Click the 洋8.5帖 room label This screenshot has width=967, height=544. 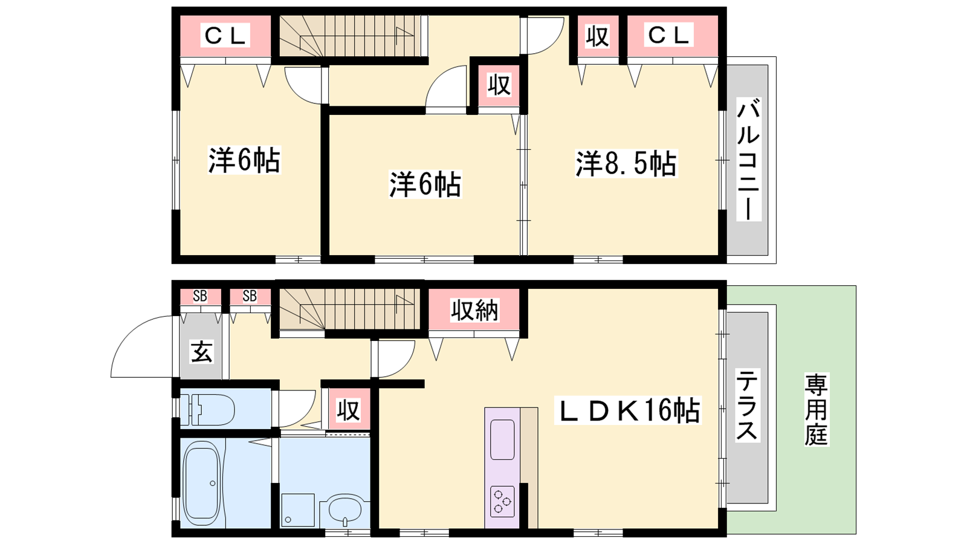[x=626, y=163]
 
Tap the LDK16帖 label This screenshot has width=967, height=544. [x=628, y=410]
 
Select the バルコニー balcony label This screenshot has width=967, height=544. [x=749, y=160]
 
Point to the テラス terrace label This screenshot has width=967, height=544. [x=747, y=404]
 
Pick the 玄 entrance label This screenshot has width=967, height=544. [x=202, y=351]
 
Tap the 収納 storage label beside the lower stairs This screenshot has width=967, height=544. [x=474, y=309]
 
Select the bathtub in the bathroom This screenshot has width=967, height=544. [x=202, y=482]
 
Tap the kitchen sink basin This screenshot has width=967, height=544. [x=502, y=439]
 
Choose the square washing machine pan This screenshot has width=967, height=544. [x=298, y=510]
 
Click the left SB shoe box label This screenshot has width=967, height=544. [x=200, y=296]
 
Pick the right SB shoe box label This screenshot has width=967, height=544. [x=250, y=296]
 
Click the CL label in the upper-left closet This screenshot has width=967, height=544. [x=225, y=36]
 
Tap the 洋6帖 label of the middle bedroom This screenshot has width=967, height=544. [x=425, y=184]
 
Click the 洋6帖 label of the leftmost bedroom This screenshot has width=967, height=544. [x=244, y=160]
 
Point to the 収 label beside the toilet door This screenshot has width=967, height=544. [x=349, y=410]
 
